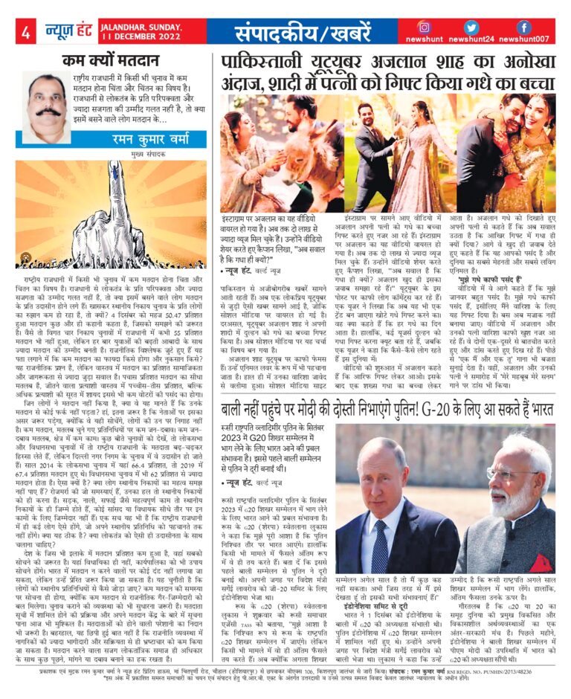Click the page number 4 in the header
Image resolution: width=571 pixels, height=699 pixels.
25,33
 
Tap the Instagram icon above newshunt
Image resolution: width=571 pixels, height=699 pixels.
425,28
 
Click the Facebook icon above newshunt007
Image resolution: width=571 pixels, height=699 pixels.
523,28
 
